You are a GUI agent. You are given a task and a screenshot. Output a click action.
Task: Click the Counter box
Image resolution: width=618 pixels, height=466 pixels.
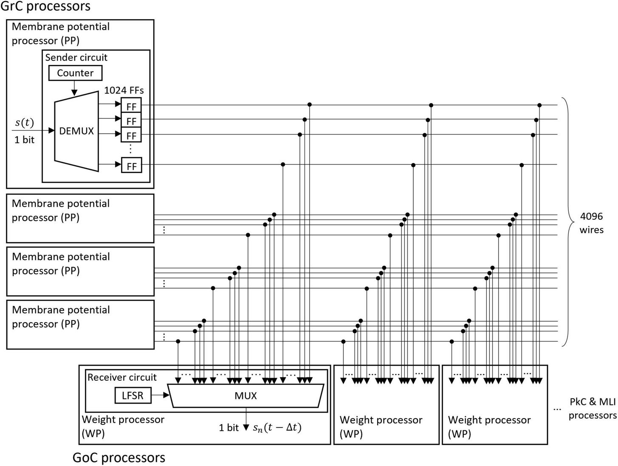click(x=75, y=73)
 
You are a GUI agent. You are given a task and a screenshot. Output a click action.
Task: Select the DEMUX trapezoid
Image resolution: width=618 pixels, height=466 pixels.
click(x=76, y=131)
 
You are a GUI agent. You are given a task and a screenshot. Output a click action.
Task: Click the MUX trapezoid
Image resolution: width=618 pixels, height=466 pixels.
click(x=246, y=396)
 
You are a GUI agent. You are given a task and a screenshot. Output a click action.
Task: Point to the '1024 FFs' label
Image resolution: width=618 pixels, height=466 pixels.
click(x=124, y=90)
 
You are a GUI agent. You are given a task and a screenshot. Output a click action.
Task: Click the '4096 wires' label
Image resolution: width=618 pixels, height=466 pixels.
click(x=591, y=223)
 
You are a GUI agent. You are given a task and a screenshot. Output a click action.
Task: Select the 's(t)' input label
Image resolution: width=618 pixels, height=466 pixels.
click(x=24, y=123)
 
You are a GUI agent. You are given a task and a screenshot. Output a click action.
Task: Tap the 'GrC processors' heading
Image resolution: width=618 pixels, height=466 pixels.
click(x=45, y=6)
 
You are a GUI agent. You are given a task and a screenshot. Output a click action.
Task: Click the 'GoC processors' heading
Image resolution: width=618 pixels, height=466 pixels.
click(x=119, y=458)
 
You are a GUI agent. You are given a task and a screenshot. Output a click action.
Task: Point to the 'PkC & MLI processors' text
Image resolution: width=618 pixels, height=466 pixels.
click(x=592, y=409)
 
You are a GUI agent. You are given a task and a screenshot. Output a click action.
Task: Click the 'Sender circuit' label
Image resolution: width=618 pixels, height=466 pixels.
click(x=76, y=57)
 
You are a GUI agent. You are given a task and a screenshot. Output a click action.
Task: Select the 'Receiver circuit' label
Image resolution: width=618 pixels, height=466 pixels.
click(x=122, y=377)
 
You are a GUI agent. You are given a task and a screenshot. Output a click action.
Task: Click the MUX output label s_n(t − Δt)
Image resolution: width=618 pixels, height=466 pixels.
click(x=277, y=428)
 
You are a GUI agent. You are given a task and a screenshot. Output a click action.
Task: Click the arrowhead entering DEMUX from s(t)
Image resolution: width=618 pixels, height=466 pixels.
click(x=51, y=131)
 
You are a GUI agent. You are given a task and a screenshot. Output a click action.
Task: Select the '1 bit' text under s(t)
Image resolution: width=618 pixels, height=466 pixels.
click(x=24, y=140)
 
